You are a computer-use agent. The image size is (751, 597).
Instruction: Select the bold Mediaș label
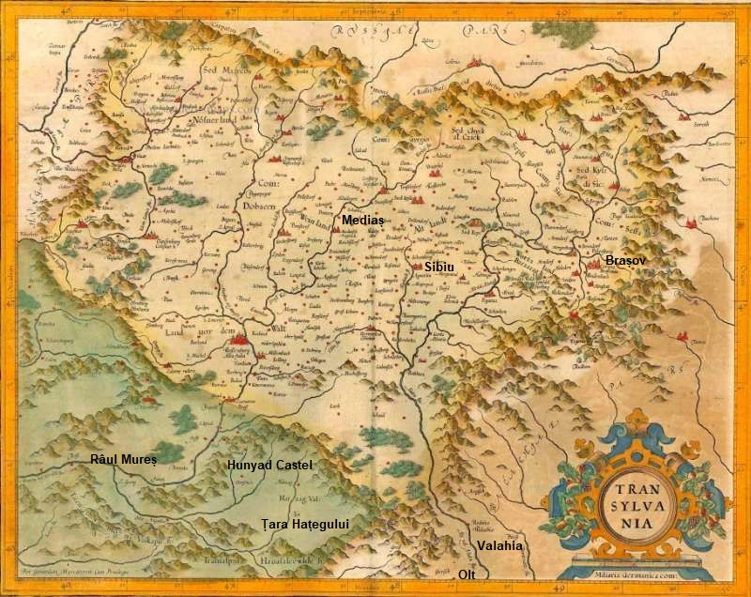tap(362, 218)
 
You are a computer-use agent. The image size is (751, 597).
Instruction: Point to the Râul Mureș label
tap(122, 459)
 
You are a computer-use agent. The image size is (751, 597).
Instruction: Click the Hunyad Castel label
tap(269, 465)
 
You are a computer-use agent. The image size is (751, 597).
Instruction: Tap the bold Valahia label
tap(501, 543)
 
